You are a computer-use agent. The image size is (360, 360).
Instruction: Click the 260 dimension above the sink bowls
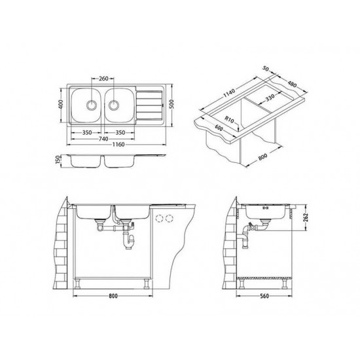(x=101, y=73)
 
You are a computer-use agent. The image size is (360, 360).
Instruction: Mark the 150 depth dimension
(x=58, y=160)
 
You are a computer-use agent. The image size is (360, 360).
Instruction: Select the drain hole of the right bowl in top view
(x=115, y=103)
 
